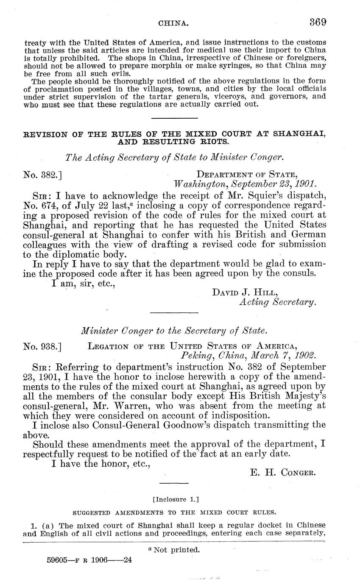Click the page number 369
(x=318, y=22)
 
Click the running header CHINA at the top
(x=173, y=24)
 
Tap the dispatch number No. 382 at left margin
(x=43, y=173)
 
